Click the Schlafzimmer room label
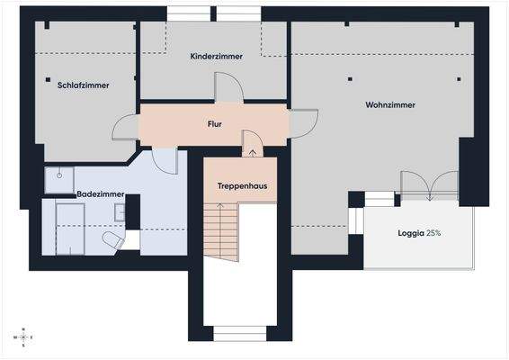click(x=83, y=85)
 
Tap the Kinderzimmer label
click(x=215, y=57)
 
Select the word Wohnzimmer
click(x=390, y=105)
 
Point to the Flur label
click(x=215, y=124)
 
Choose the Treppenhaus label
click(x=241, y=186)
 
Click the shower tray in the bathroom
click(x=61, y=179)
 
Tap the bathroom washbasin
click(x=119, y=213)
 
